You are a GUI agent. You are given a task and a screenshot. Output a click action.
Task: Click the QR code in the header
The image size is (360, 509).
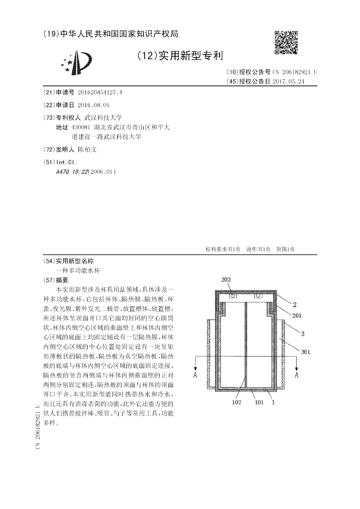[286, 42]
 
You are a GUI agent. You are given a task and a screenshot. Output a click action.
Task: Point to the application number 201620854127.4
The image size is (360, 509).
[100, 93]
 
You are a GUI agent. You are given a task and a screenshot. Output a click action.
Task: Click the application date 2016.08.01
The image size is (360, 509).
[94, 105]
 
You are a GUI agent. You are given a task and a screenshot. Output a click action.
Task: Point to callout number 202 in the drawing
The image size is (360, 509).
[226, 280]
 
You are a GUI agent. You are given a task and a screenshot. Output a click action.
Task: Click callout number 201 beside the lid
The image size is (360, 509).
[297, 315]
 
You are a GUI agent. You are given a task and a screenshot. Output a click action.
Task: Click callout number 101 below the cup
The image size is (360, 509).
[259, 402]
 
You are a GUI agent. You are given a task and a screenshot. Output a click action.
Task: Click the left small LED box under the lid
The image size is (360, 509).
[233, 297]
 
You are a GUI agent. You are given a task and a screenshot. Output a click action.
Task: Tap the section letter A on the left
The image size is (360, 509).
[195, 374]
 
